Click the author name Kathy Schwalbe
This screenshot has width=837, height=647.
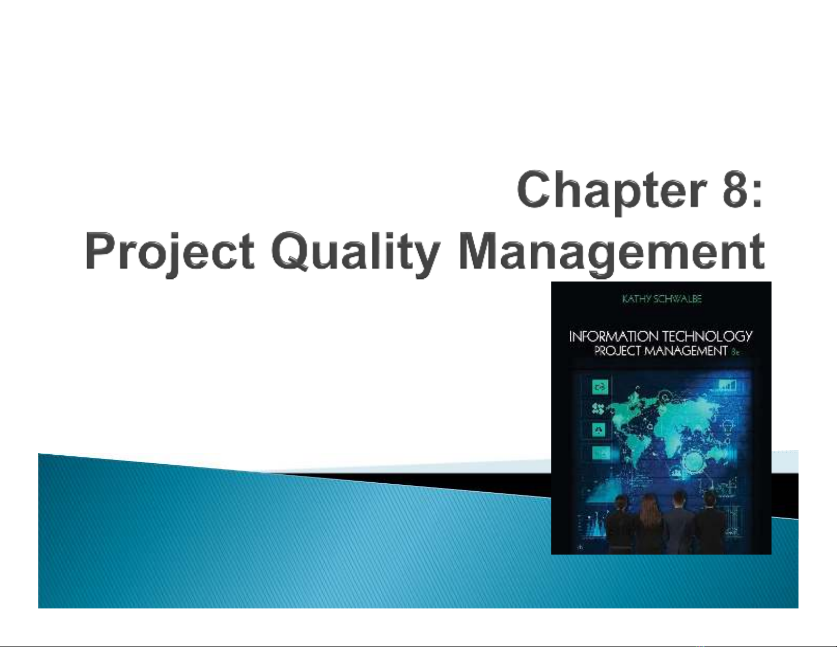click(x=662, y=299)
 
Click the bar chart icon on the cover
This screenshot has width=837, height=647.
click(x=728, y=385)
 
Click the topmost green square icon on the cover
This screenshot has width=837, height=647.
click(x=599, y=387)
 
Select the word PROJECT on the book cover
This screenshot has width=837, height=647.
click(x=616, y=351)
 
